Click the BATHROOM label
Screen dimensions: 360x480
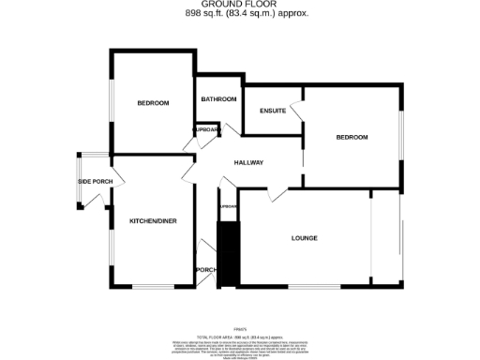pos(217,98)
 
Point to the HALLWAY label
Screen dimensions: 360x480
pos(248,162)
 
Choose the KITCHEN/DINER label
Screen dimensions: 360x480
pos(153,221)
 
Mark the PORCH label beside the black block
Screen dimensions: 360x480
pos(204,270)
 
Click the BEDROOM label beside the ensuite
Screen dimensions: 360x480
pos(352,138)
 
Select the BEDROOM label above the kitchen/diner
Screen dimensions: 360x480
pos(152,102)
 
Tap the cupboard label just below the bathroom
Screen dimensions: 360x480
pos(205,129)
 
